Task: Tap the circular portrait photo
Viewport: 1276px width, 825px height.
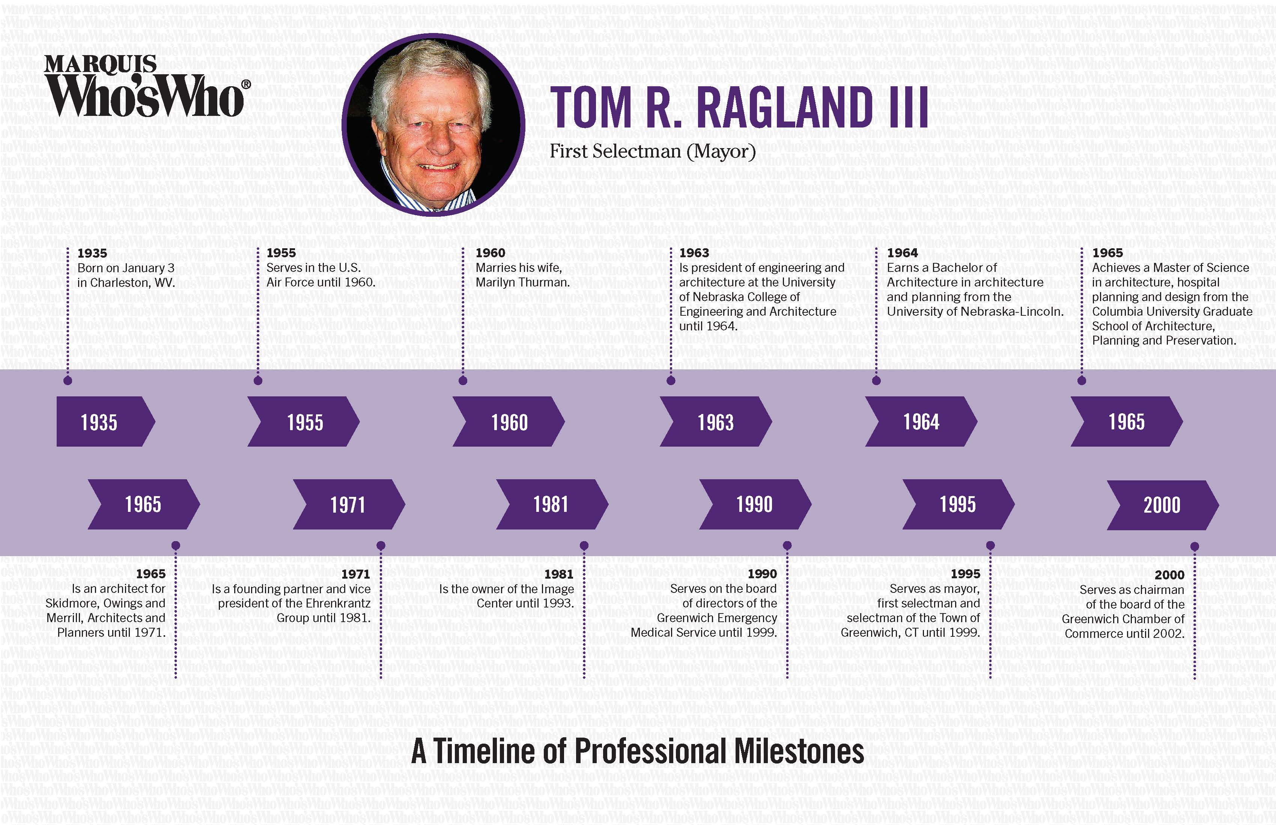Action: [433, 125]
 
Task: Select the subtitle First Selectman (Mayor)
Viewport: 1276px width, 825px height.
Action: [653, 151]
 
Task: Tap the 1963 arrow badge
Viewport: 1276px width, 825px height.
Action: [716, 421]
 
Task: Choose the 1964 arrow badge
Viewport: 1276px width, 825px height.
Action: [921, 421]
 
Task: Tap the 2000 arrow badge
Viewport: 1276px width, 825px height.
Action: [1163, 505]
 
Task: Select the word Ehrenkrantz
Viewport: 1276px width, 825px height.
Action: [338, 603]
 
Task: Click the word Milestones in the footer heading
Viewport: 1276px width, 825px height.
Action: [799, 751]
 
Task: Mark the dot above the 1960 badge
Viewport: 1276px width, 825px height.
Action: [463, 381]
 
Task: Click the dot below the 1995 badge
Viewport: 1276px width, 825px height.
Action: [990, 545]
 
